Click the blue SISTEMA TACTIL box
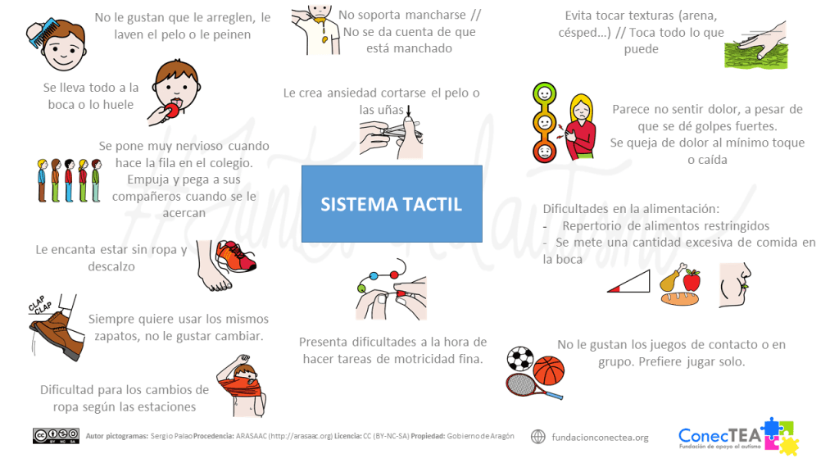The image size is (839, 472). (392, 203)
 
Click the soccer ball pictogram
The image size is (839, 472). (519, 359)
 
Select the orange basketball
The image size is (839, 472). (549, 370)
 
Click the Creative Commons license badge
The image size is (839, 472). (56, 436)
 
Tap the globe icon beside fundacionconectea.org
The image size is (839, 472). (537, 437)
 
